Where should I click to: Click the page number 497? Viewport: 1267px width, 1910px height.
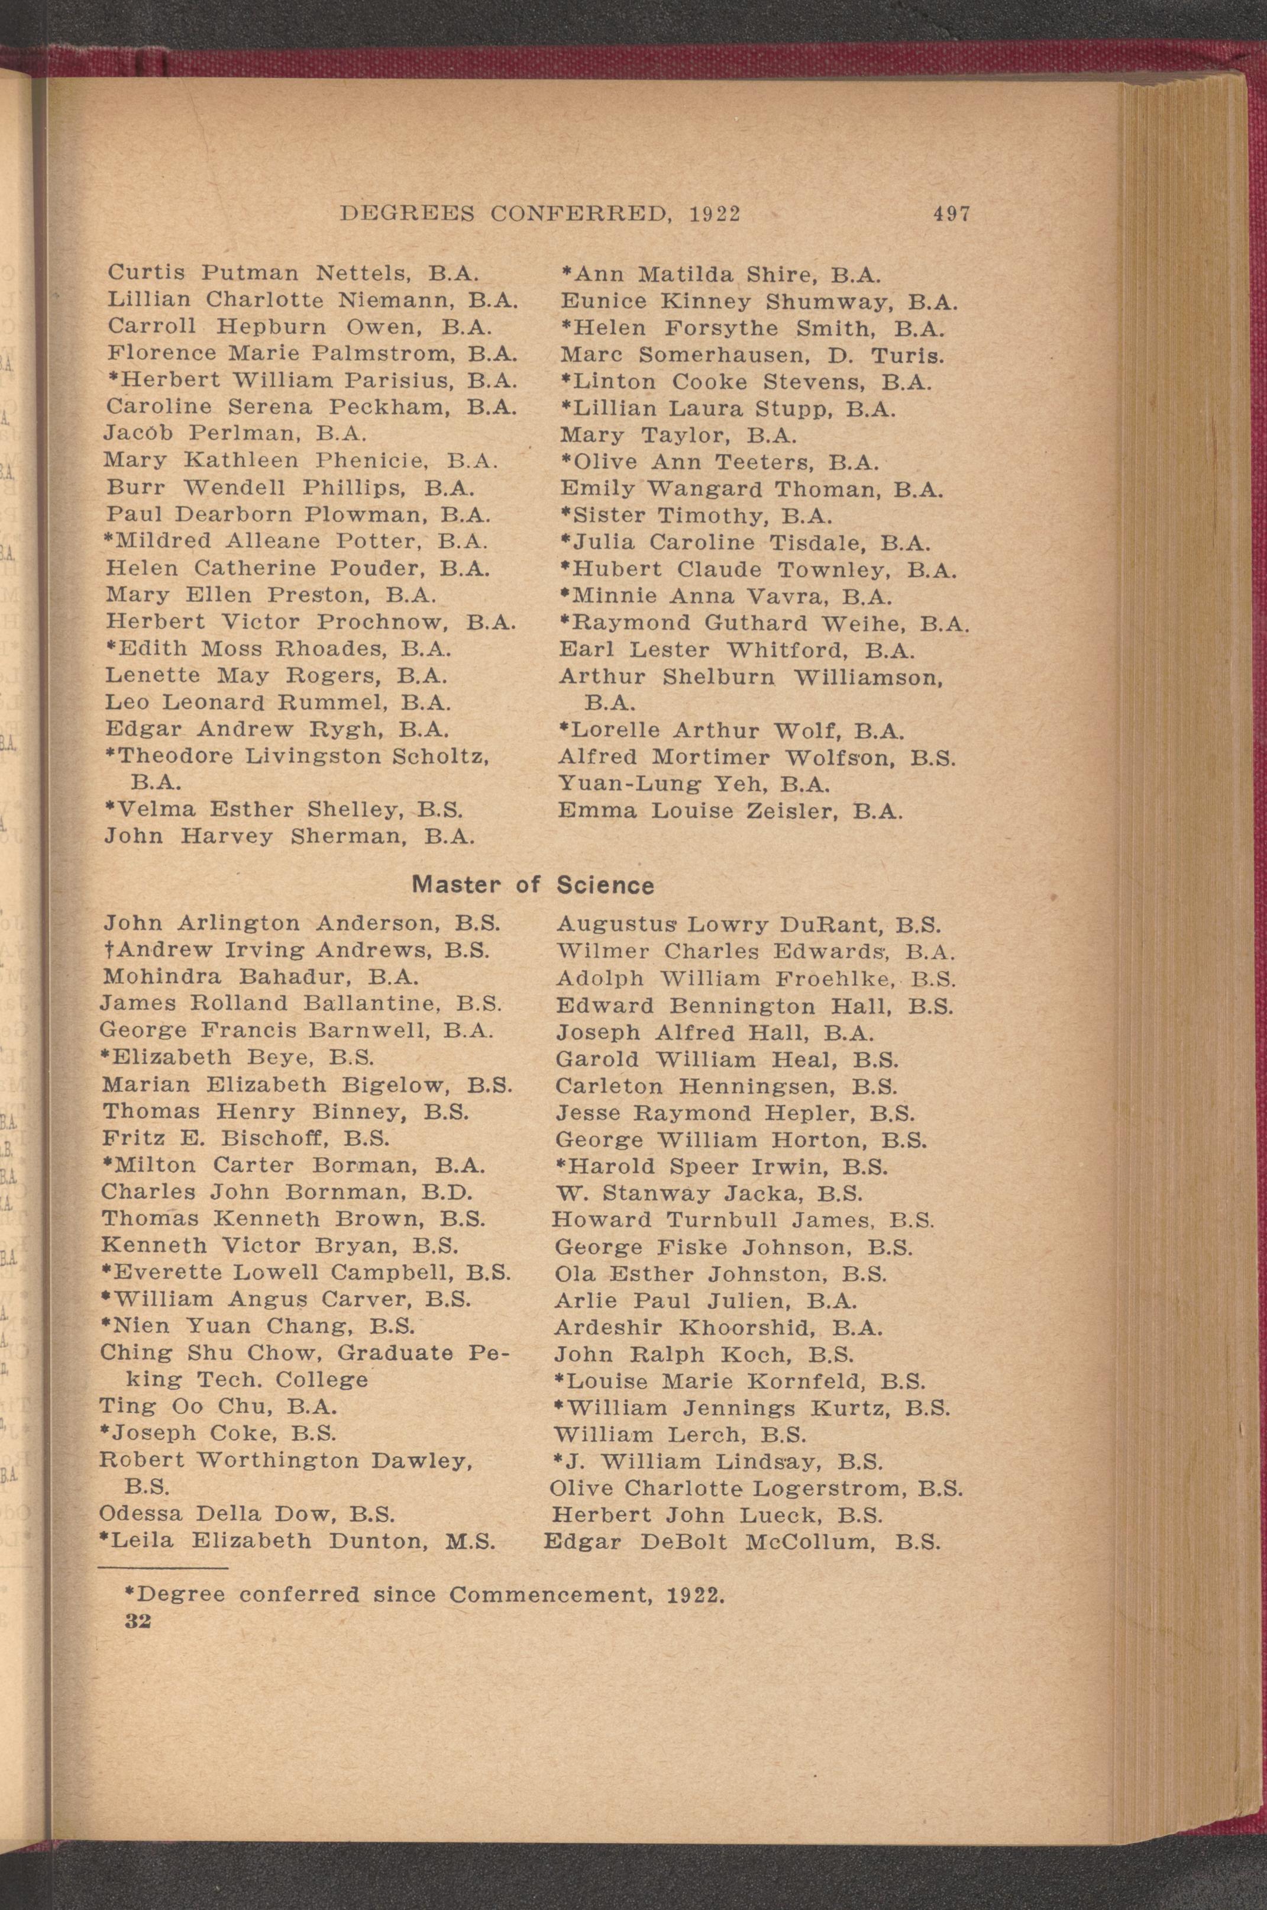tap(951, 214)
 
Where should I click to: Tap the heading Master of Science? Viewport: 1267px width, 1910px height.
tap(532, 885)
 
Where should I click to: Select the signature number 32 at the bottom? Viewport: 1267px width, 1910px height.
tap(139, 1598)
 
